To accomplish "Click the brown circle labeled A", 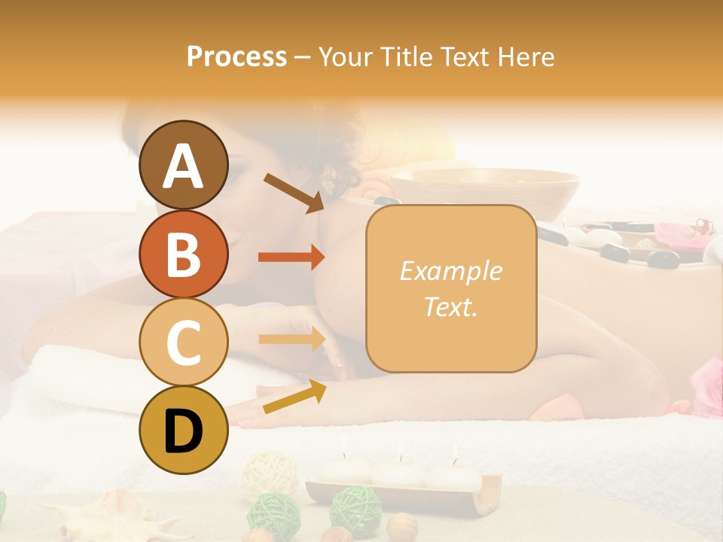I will pyautogui.click(x=183, y=165).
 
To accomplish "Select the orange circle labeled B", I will pyautogui.click(x=183, y=254).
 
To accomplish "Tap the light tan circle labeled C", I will pyautogui.click(x=183, y=342).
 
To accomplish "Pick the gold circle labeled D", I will pyautogui.click(x=183, y=430).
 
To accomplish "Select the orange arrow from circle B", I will pyautogui.click(x=291, y=257).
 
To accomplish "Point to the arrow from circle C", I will pyautogui.click(x=291, y=339).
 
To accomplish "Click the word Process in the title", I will pyautogui.click(x=236, y=56).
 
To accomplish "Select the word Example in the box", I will pyautogui.click(x=450, y=271).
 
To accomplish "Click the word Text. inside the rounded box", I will pyautogui.click(x=450, y=306).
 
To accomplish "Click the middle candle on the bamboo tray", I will pyautogui.click(x=398, y=470).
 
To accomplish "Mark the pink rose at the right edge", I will pyautogui.click(x=708, y=384).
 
